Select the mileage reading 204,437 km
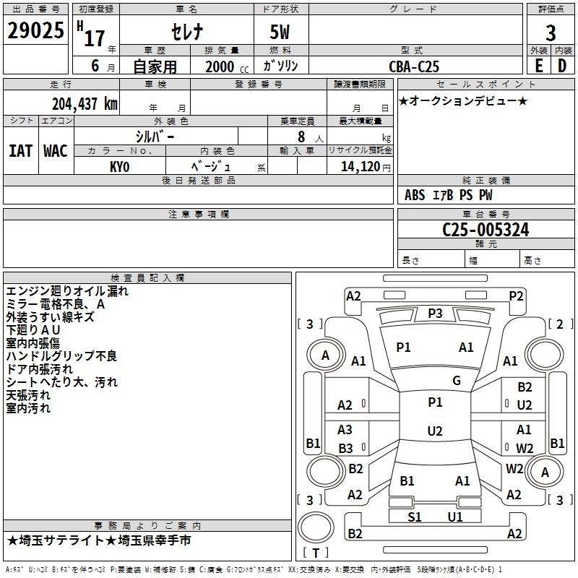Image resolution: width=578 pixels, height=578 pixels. [85, 103]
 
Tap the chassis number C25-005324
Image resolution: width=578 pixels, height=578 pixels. [485, 230]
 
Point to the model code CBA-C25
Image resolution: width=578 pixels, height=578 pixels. [413, 66]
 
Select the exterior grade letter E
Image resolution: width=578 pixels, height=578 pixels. [538, 66]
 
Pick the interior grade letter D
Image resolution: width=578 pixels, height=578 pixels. [562, 66]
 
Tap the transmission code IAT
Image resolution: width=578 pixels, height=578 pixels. [20, 150]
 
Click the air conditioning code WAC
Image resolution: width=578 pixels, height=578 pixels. [55, 150]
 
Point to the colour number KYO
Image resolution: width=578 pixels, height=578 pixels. [119, 166]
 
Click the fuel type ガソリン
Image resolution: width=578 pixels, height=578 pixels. [281, 66]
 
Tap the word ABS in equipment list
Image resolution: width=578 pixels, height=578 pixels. [415, 194]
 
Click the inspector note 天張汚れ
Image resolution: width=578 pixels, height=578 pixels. [28, 395]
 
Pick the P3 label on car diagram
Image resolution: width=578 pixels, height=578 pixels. [435, 313]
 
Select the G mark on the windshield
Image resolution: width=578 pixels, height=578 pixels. [457, 381]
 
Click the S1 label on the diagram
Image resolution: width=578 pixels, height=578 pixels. [415, 517]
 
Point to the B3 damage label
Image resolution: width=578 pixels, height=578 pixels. [345, 448]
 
